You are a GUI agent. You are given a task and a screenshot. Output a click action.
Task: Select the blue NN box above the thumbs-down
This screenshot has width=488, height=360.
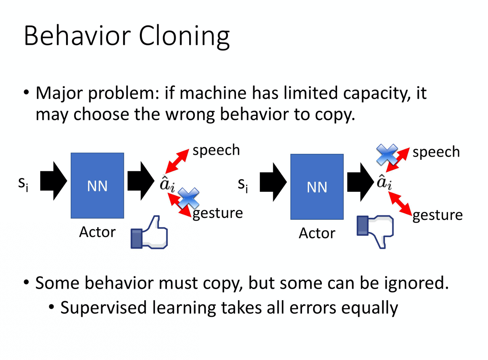[317, 186]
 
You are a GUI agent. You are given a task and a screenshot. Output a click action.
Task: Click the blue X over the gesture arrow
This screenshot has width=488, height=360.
[189, 198]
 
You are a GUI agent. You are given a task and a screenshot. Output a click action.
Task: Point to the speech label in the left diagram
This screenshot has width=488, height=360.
[216, 150]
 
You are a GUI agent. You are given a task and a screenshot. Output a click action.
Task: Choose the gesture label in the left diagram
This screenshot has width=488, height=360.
[217, 213]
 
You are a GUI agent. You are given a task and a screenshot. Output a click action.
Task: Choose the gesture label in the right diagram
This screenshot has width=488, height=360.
[438, 215]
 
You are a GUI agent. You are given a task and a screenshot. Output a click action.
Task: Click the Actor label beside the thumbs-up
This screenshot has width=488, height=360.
[97, 232]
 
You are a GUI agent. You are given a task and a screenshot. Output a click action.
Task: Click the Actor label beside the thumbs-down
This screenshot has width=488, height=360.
[317, 233]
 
